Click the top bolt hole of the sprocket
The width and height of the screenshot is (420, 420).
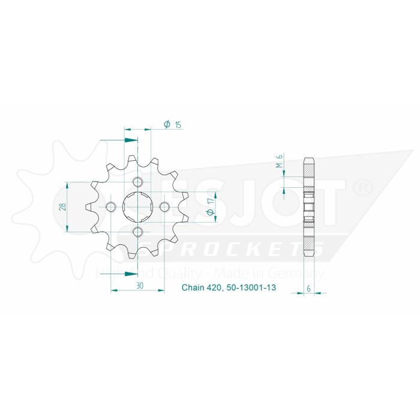tap(137, 182)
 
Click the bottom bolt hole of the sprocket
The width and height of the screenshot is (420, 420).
tap(137, 232)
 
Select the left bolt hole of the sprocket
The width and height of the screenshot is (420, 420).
tap(111, 208)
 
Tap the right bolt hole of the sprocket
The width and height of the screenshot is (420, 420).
tap(164, 208)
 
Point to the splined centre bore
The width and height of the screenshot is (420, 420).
tap(137, 208)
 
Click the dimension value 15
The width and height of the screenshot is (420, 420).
tap(178, 125)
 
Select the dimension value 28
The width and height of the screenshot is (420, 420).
tap(62, 208)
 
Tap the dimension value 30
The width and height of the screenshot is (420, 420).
tap(139, 287)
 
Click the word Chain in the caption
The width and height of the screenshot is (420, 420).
tap(193, 288)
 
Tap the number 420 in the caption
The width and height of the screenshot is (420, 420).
tap(215, 288)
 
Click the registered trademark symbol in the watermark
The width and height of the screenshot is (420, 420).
tap(365, 189)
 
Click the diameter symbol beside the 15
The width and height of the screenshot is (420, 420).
tap(166, 124)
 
